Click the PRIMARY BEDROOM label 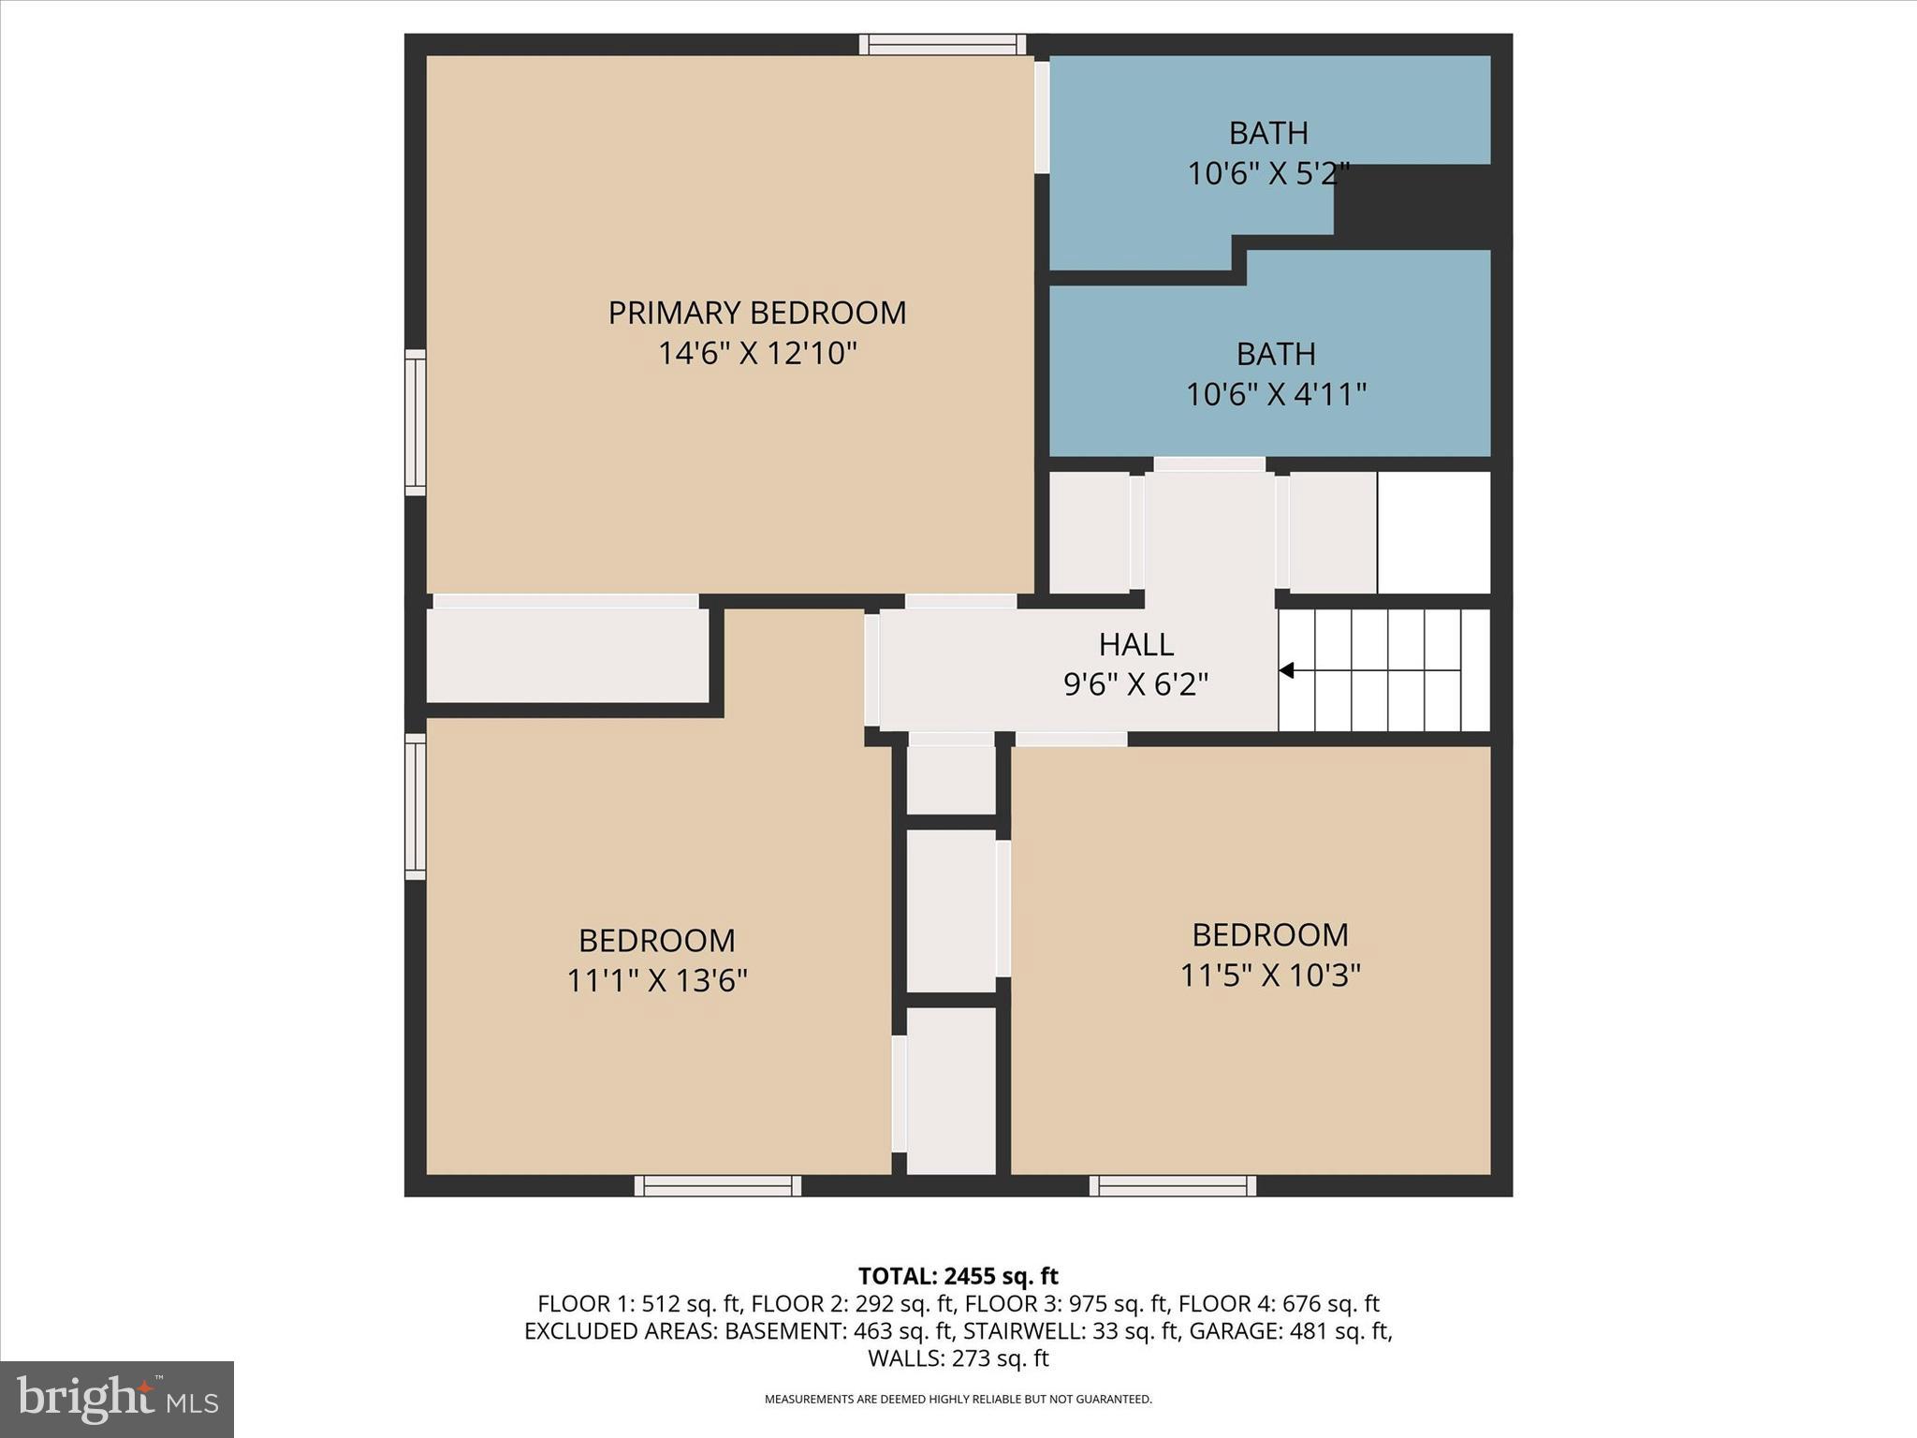pyautogui.click(x=757, y=313)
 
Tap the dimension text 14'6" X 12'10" pyautogui.click(x=757, y=354)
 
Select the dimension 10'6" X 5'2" pyautogui.click(x=1267, y=174)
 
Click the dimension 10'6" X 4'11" pyautogui.click(x=1276, y=394)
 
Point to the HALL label pyautogui.click(x=1135, y=644)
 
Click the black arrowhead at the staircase pyautogui.click(x=1287, y=670)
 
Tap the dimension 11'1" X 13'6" pyautogui.click(x=657, y=981)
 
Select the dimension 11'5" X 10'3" pyautogui.click(x=1269, y=976)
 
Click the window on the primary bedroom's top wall pyautogui.click(x=943, y=44)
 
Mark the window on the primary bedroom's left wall pyautogui.click(x=415, y=422)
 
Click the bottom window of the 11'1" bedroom pyautogui.click(x=718, y=1186)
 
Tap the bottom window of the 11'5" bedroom pyautogui.click(x=1173, y=1186)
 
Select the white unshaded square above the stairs pyautogui.click(x=1433, y=532)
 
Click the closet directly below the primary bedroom pyautogui.click(x=566, y=654)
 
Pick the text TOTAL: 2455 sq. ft pyautogui.click(x=958, y=1276)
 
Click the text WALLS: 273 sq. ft pyautogui.click(x=958, y=1358)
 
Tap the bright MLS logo pyautogui.click(x=117, y=1399)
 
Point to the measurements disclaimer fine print pyautogui.click(x=958, y=1400)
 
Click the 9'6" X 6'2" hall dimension pyautogui.click(x=1135, y=685)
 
